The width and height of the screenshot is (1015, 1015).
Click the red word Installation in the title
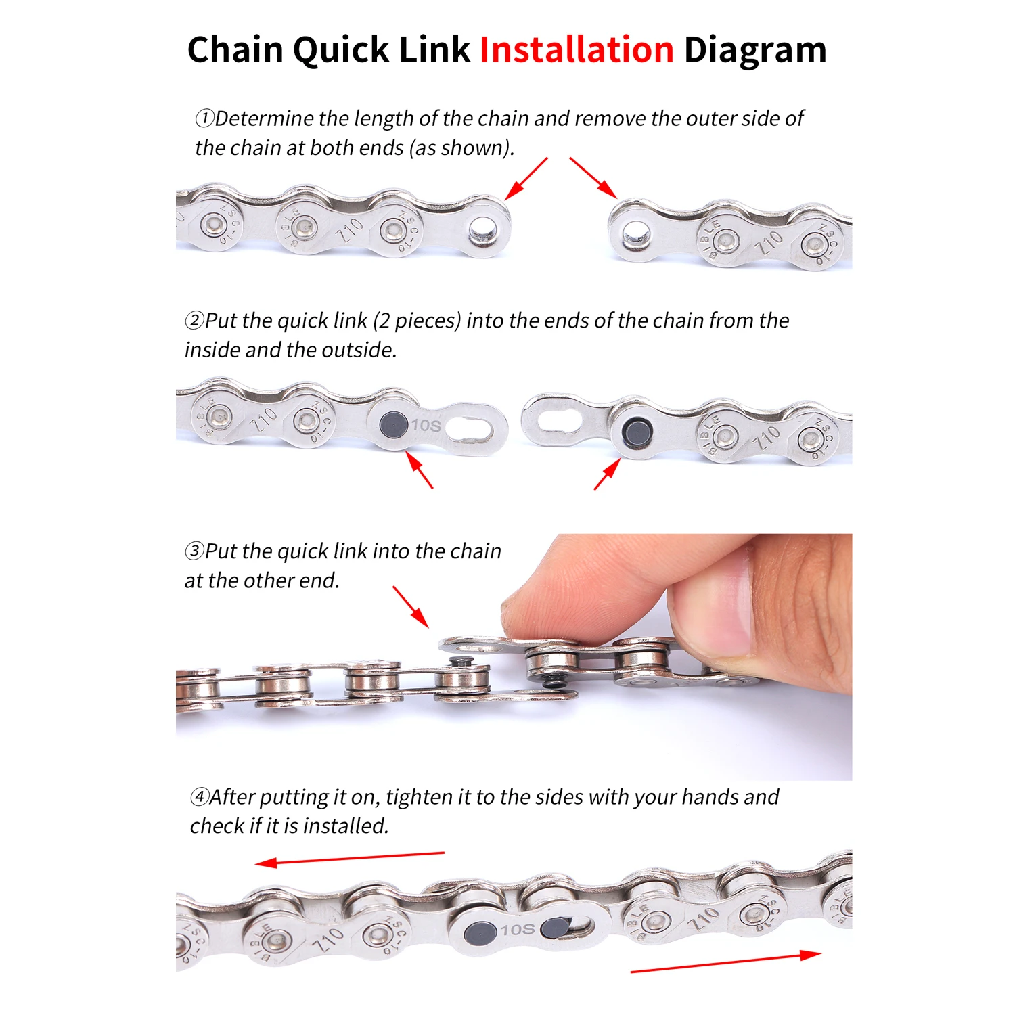tap(577, 50)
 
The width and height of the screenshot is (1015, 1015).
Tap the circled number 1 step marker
tap(204, 118)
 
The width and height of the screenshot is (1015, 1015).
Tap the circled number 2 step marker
tap(194, 320)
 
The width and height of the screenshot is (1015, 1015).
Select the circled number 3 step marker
tap(194, 551)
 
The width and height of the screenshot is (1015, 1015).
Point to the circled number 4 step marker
tap(200, 796)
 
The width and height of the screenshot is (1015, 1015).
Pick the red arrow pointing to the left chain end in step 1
tap(526, 179)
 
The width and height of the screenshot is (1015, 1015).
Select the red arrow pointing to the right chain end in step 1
tap(593, 177)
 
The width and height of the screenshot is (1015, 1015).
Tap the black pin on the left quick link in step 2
tap(393, 424)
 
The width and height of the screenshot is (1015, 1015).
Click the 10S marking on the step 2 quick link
tap(426, 425)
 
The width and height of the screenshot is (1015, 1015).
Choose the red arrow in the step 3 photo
tap(411, 607)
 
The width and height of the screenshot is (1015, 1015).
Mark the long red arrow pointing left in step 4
tap(350, 858)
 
